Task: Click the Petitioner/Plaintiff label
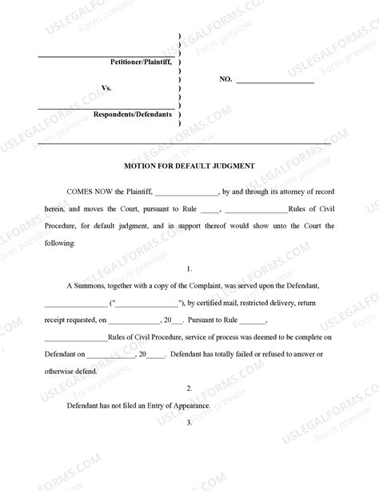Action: pos(142,62)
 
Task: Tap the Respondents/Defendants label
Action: pos(133,115)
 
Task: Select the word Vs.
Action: pos(106,87)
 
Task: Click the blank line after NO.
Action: pos(275,81)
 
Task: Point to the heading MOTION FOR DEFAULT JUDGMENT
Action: pos(189,166)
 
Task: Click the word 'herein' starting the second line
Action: pos(55,209)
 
